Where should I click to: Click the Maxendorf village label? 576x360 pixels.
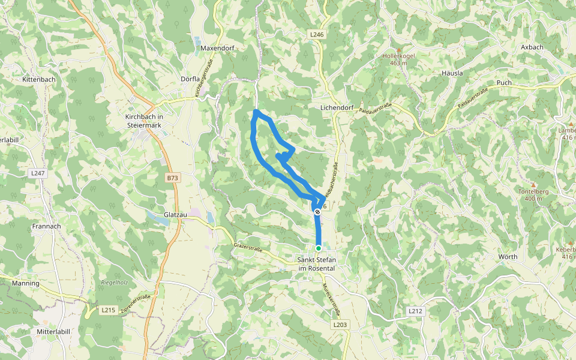[x=217, y=47]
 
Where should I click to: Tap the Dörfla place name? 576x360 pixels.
[x=190, y=79]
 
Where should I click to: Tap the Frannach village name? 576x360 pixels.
[x=47, y=226]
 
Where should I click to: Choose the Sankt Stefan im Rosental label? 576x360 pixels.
[x=317, y=264]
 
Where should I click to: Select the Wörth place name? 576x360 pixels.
[x=508, y=257]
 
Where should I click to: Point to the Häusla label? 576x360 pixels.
[x=452, y=73]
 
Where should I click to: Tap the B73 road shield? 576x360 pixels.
[x=173, y=178]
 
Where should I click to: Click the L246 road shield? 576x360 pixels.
[x=317, y=35]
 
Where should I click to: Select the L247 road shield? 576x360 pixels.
[x=38, y=173]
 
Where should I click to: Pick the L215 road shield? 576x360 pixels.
[x=108, y=310]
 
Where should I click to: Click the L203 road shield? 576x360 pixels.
[x=340, y=325]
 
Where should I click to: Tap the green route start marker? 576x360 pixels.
[x=318, y=248]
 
